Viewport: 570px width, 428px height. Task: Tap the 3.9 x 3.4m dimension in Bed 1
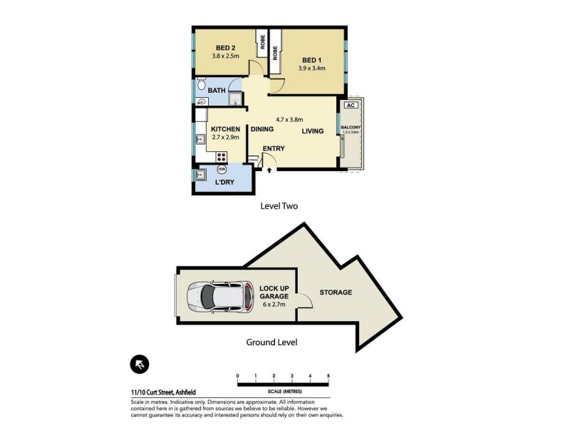tap(312, 68)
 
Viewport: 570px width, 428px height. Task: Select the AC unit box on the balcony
tap(349, 106)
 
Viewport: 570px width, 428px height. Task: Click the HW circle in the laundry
tap(222, 169)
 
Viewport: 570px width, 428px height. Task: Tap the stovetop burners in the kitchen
tap(222, 157)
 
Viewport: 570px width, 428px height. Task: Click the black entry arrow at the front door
tap(269, 170)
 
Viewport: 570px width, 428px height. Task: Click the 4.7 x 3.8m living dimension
tap(290, 120)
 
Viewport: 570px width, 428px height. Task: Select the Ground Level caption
tap(271, 342)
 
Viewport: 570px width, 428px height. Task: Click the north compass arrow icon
tap(140, 365)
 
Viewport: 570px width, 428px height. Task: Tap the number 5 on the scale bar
tap(328, 375)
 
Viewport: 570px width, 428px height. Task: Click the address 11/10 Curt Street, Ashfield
tap(163, 392)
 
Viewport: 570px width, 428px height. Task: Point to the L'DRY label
tap(225, 183)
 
